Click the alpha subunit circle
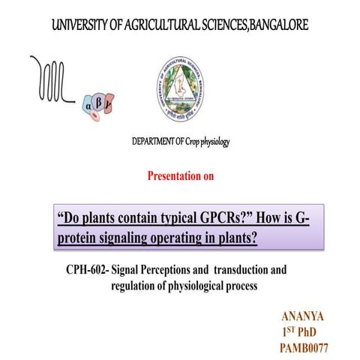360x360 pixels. click(92, 108)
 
